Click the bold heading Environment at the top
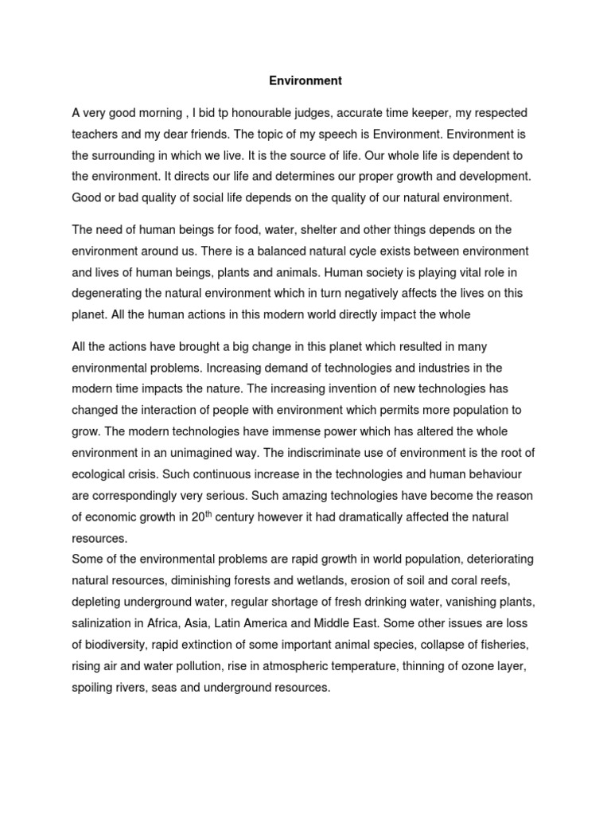point(305,80)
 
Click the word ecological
point(103,473)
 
